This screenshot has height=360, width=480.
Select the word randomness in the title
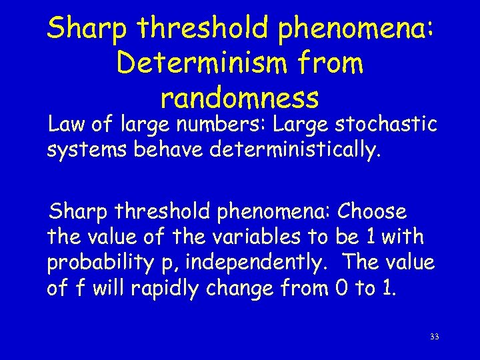[x=240, y=99]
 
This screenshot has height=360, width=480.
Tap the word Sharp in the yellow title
[x=90, y=28]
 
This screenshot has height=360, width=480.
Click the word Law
[x=65, y=125]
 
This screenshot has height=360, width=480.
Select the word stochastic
[x=385, y=125]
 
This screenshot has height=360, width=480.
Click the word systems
[x=87, y=149]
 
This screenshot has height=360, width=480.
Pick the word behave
[x=169, y=149]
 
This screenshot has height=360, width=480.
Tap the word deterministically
[x=296, y=149]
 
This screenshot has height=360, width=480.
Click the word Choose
[x=372, y=212]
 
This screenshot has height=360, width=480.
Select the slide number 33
[x=434, y=337]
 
